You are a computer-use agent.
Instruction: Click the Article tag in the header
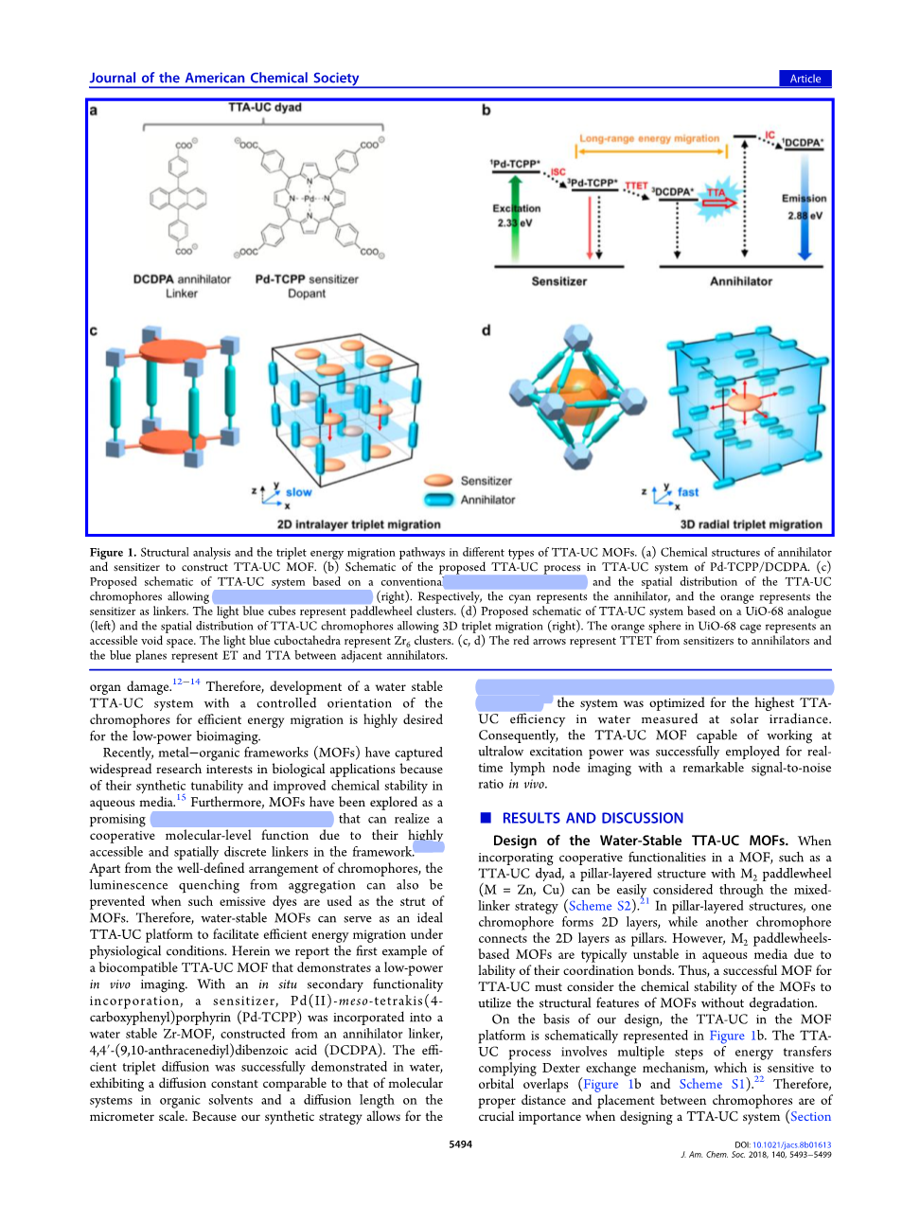tap(805, 79)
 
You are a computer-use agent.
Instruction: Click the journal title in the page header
tap(224, 78)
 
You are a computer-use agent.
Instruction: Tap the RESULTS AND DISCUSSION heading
tap(592, 818)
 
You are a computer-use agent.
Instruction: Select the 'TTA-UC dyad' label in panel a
tap(264, 108)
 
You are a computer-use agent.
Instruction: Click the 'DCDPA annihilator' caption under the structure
tap(182, 279)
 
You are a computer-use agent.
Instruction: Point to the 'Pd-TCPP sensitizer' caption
tap(307, 279)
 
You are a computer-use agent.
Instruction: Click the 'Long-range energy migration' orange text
tap(649, 138)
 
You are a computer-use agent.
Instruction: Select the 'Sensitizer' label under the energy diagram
tap(558, 281)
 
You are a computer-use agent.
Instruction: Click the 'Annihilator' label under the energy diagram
tap(741, 281)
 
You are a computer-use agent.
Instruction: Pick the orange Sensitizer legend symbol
tap(438, 481)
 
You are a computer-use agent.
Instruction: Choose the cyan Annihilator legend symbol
tap(438, 500)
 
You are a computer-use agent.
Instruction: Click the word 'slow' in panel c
tap(298, 492)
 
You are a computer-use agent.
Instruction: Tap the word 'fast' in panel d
tap(688, 492)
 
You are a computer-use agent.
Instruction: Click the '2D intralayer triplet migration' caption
tap(359, 524)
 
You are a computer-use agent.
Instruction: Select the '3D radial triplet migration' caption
tap(751, 524)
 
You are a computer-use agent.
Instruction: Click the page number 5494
tap(460, 1144)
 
